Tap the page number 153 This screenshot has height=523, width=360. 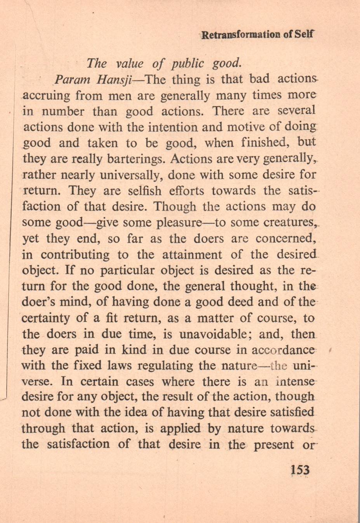tap(300, 470)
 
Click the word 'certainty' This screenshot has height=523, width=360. tap(45, 318)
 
